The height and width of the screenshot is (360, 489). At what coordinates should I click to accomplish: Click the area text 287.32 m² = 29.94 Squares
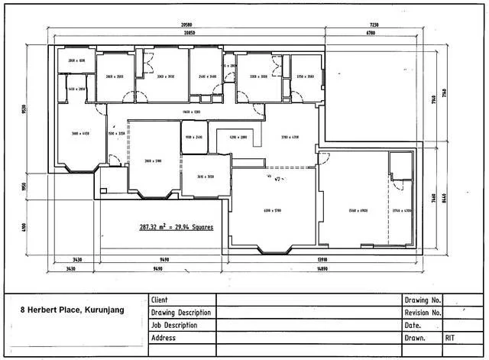[x=176, y=227]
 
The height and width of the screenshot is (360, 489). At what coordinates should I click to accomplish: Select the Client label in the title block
[x=160, y=300]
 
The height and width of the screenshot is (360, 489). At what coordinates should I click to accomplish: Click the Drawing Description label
[x=181, y=313]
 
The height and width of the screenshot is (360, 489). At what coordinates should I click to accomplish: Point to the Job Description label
[x=175, y=325]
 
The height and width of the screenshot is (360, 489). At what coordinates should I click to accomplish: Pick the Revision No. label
[x=422, y=313]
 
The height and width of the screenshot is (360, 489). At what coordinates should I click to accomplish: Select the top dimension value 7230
[x=374, y=25]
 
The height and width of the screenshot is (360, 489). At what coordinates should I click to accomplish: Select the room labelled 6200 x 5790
[x=273, y=209]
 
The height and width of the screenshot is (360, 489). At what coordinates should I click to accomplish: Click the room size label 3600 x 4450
[x=80, y=133]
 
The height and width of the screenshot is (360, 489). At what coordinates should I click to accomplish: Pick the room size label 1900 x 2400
[x=193, y=138]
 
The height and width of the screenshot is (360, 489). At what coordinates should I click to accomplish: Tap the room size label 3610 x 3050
[x=206, y=177]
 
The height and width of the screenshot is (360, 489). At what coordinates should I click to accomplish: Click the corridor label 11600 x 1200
[x=181, y=112]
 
